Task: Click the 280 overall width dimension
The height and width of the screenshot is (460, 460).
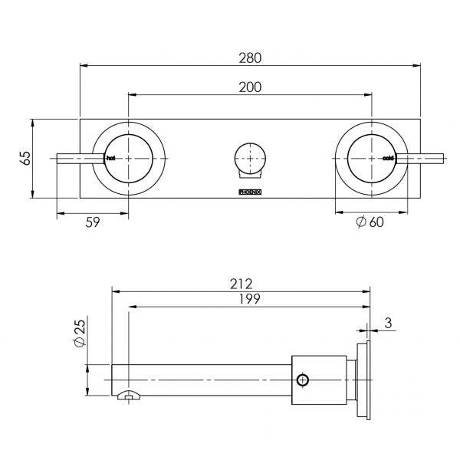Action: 250,58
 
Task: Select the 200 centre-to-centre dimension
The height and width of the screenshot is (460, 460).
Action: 250,87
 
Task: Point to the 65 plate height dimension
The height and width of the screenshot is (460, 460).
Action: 25,158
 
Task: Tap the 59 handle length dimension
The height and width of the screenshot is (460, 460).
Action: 91,222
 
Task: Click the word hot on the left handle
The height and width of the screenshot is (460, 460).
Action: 111,158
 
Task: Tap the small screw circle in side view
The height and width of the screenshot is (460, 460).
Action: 304,379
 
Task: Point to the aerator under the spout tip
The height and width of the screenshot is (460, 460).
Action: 129,396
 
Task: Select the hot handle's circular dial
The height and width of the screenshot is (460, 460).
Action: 128,158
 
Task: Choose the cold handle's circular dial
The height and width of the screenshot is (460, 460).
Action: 372,158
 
